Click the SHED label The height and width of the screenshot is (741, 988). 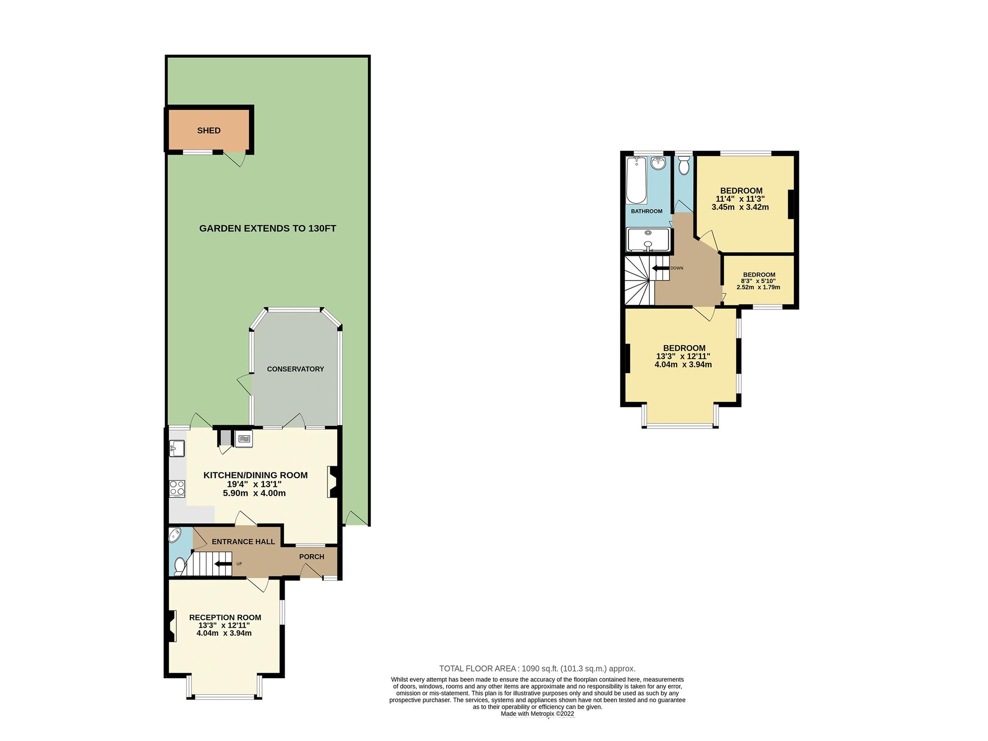tap(209, 130)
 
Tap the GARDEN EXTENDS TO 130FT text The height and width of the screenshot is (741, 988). tap(267, 228)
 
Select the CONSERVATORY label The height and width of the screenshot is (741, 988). tap(295, 369)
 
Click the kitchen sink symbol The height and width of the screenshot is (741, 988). tap(177, 448)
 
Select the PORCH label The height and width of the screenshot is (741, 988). tap(311, 557)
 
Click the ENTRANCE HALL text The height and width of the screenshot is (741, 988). tap(243, 541)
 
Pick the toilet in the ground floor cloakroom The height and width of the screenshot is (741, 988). tap(179, 566)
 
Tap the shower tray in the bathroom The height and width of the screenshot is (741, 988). tap(648, 240)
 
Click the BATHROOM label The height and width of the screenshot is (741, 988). tap(646, 211)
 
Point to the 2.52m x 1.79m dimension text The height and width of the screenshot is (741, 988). tap(758, 287)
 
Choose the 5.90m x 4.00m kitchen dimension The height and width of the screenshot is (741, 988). tap(254, 493)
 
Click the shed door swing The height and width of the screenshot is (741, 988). tap(236, 159)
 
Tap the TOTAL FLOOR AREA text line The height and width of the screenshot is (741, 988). tap(537, 669)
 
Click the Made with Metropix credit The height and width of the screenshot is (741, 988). tap(537, 714)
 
